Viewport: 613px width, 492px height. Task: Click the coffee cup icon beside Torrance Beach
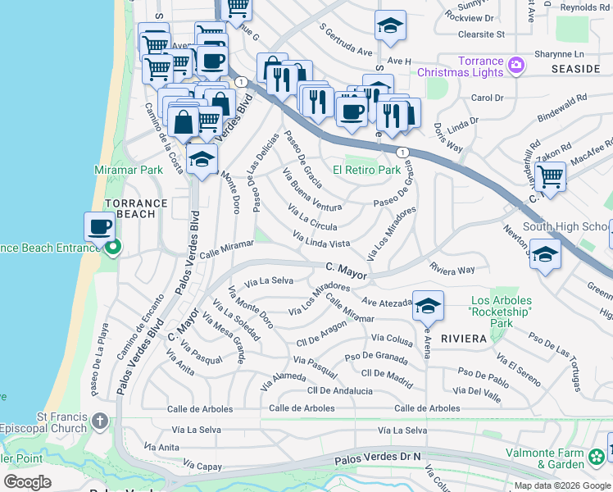(100, 227)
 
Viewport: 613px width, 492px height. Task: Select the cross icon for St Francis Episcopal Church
(100, 421)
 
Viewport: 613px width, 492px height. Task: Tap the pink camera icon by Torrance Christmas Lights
(515, 65)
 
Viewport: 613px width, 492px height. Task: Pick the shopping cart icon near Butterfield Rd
(550, 176)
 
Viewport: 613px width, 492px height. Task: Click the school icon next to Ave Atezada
(427, 307)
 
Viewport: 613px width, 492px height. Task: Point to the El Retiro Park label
(366, 171)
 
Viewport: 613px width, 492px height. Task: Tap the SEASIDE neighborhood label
(577, 69)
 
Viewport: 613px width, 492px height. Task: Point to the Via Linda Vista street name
(321, 240)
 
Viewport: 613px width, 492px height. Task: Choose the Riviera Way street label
(452, 269)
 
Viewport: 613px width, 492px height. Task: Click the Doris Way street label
(448, 138)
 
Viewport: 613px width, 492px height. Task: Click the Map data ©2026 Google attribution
(562, 485)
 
